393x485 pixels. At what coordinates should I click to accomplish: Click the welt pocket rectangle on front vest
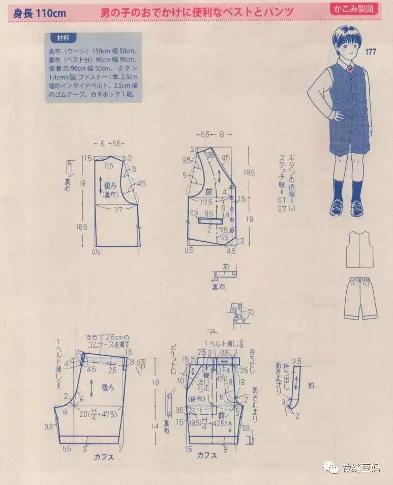click(209, 220)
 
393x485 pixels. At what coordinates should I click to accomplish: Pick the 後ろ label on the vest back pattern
click(111, 185)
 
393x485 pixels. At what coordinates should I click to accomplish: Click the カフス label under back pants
click(103, 457)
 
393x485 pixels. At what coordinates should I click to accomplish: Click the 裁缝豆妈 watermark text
click(360, 468)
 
